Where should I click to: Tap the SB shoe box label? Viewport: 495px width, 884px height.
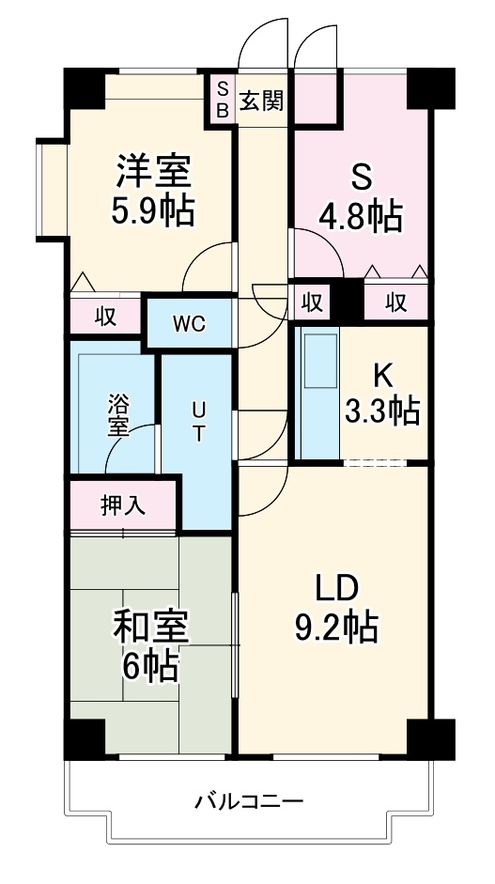223,99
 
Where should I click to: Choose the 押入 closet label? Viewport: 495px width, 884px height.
123,505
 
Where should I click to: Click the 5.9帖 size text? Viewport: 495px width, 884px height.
155,212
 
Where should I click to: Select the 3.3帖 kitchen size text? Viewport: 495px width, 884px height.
380,411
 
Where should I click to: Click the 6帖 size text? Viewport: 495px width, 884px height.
150,667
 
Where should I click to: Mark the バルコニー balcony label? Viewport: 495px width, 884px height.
249,802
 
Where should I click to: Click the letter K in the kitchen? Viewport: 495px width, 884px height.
381,375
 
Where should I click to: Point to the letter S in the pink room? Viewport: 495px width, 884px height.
362,177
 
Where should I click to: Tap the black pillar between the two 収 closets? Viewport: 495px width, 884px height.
348,302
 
